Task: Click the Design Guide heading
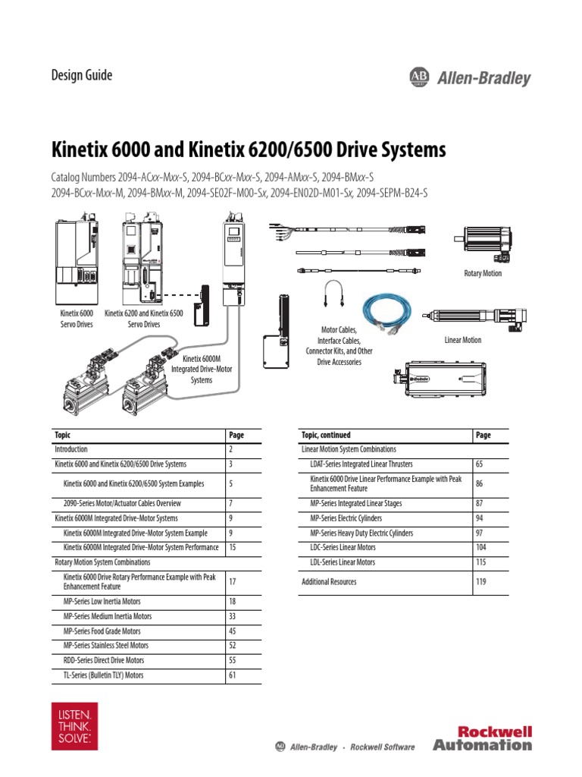coord(81,75)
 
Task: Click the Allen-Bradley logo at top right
coord(470,77)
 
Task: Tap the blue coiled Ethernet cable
coord(387,312)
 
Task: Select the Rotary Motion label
coord(483,273)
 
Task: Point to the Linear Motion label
coord(462,340)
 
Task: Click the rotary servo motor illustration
coord(483,241)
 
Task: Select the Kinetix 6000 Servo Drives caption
coord(76,318)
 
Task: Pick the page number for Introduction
coord(231,449)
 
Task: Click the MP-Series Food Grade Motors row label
coord(102,631)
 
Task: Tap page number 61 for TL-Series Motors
coord(233,675)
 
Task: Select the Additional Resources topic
coord(329,582)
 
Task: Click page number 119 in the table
coord(482,582)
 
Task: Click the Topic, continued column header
coord(327,435)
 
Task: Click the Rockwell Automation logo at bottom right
coord(483,738)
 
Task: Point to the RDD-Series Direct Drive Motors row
coord(104,660)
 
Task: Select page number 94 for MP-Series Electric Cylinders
coord(480,518)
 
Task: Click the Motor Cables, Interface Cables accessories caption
coord(339,346)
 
